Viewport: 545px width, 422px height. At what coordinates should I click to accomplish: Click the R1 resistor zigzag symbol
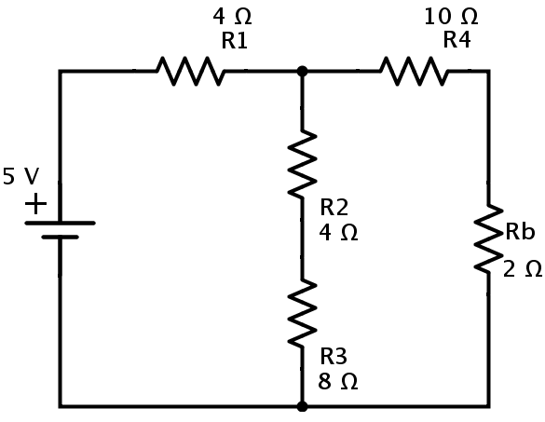point(190,71)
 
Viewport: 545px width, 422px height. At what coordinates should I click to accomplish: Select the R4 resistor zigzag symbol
point(414,71)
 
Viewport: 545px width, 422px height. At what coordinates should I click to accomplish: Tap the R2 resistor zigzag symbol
point(302,164)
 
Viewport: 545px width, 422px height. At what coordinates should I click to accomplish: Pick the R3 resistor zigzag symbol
point(302,313)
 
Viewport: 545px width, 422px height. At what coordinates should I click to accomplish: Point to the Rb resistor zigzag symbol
point(488,238)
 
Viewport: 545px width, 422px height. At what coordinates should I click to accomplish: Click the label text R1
point(234,40)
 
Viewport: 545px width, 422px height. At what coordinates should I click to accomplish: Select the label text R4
point(456,39)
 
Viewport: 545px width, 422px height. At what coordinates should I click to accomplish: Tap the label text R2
point(334,207)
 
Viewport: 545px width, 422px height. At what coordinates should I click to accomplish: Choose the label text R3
point(334,356)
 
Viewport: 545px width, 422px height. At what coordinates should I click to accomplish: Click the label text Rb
point(520,231)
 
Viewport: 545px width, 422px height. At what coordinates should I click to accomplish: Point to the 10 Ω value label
point(451,17)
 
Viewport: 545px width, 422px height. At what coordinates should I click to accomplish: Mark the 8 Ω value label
point(337,381)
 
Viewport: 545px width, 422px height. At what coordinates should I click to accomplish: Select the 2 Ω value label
point(523,268)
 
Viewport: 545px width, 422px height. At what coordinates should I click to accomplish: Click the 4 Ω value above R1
point(232,17)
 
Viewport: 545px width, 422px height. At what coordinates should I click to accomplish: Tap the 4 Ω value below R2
point(338,232)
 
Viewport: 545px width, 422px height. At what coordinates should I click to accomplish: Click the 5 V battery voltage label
point(20,176)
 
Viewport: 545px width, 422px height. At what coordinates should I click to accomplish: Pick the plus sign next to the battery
point(35,204)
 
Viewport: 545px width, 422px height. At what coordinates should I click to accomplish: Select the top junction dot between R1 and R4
point(302,71)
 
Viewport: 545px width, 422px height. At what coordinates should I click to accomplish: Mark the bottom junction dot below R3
point(302,406)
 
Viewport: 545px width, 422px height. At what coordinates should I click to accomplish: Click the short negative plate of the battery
point(61,238)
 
